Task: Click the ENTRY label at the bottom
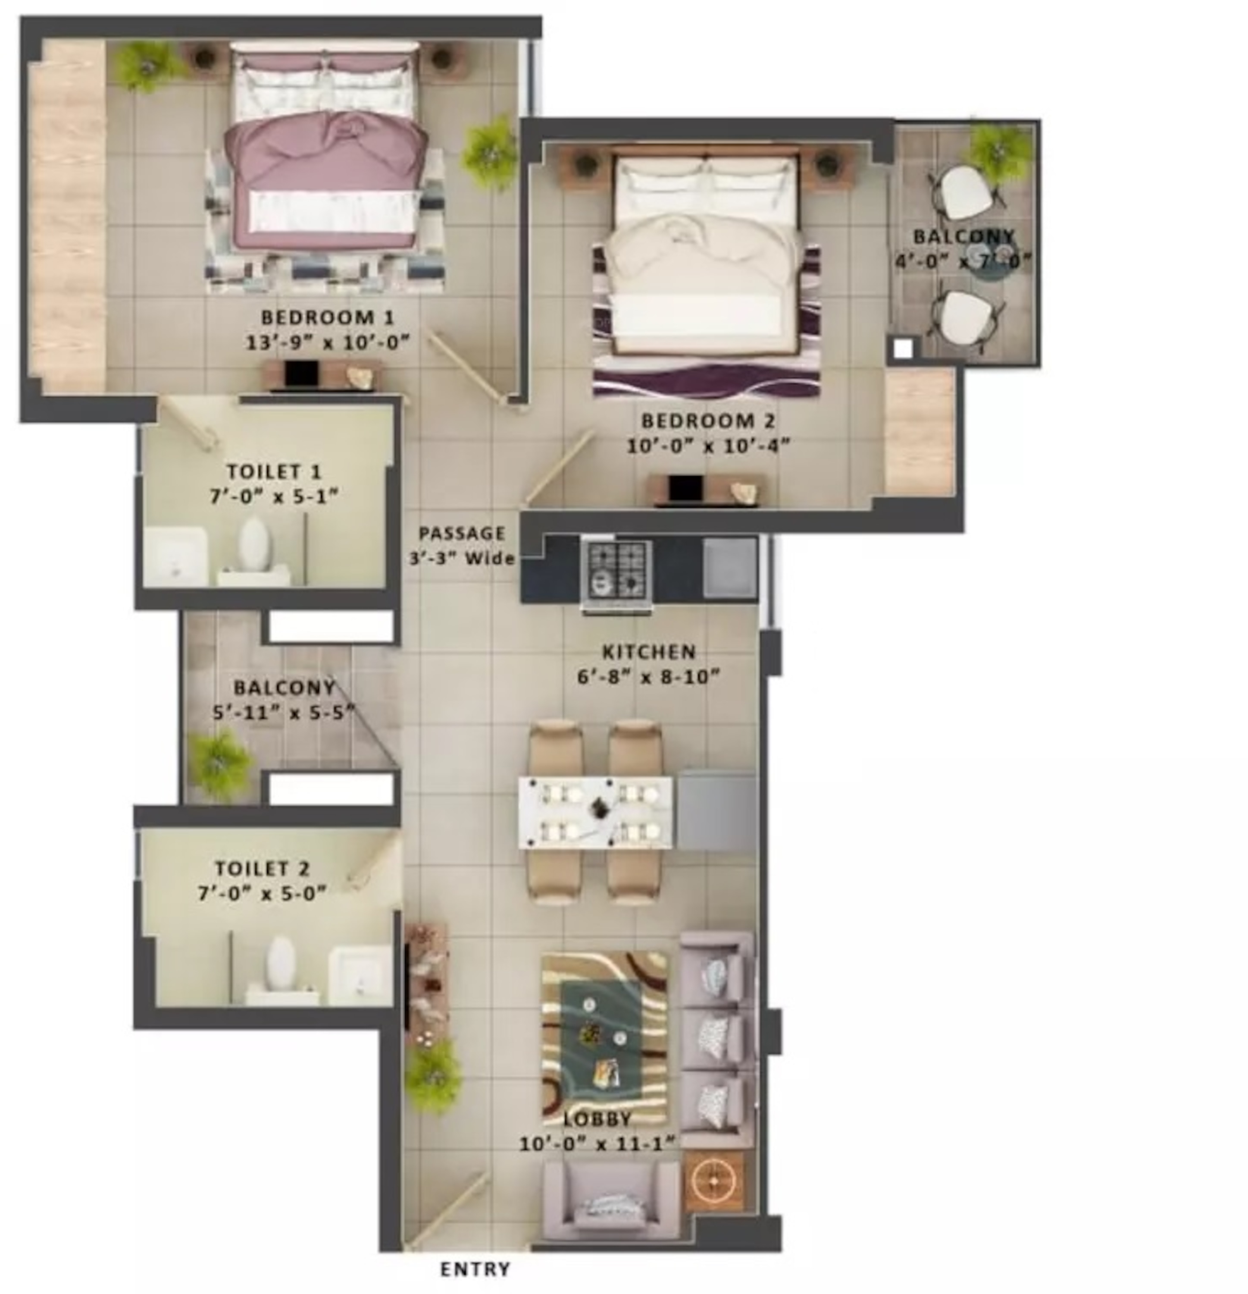(475, 1269)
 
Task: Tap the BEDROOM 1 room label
(327, 317)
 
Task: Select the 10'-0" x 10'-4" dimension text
(708, 446)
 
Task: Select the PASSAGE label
(462, 533)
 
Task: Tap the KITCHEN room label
(649, 652)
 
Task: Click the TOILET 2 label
(262, 869)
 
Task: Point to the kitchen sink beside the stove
(729, 568)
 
